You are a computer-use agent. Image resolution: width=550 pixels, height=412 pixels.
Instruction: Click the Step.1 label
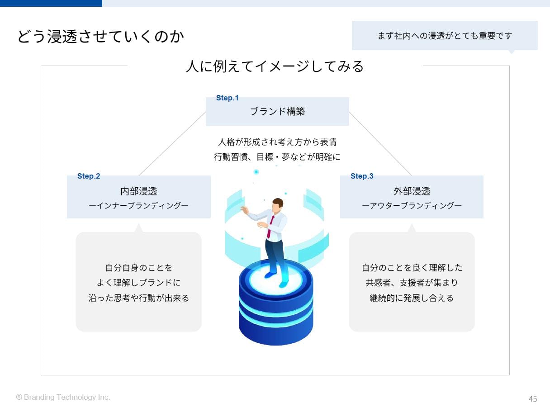coord(227,98)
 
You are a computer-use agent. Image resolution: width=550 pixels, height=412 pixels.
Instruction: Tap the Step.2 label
coord(89,176)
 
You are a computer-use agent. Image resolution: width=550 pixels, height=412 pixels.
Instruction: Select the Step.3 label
coord(362,176)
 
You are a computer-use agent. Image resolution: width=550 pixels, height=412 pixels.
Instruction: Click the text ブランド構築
coord(277,111)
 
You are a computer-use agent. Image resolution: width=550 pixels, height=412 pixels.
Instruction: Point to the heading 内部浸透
coord(138,191)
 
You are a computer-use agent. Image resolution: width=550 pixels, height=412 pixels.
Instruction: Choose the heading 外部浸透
coord(412,191)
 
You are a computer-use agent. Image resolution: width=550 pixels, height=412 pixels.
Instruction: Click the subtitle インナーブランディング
coord(138,206)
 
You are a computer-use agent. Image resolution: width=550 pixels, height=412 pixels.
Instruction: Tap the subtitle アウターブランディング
coord(412,206)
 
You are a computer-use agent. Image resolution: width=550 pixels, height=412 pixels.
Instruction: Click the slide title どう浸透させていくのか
coord(100,37)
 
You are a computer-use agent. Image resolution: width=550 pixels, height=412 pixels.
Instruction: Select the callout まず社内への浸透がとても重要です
coord(445,36)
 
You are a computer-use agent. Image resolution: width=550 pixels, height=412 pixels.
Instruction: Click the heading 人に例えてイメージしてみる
coord(275,66)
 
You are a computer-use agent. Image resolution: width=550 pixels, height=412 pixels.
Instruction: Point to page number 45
coord(533,399)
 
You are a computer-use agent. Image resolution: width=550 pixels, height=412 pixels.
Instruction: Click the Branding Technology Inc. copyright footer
coord(63,397)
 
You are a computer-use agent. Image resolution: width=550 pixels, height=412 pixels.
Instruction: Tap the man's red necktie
coord(270,227)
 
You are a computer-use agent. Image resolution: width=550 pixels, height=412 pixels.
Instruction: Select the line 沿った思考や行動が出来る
coord(138,298)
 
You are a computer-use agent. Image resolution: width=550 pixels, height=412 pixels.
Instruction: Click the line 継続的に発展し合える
coord(412,298)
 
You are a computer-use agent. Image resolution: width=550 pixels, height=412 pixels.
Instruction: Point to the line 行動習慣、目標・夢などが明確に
coord(277,157)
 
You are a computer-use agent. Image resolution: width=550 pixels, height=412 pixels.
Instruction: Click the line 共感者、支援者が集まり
coord(412,283)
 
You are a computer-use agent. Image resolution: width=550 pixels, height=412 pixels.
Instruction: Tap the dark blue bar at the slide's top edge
coord(51,3)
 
